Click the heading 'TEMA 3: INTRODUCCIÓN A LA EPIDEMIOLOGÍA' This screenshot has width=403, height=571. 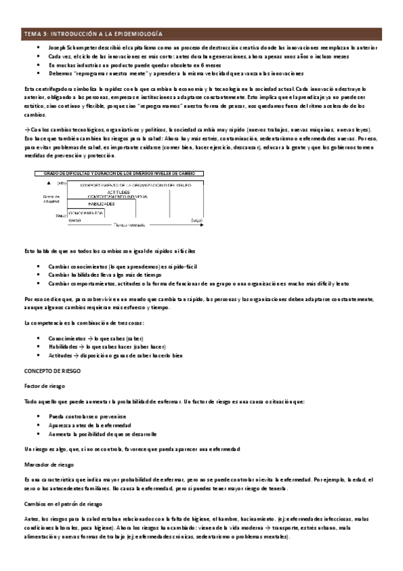94,33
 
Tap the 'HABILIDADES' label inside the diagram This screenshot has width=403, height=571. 100,203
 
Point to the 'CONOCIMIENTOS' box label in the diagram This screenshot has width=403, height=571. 86,212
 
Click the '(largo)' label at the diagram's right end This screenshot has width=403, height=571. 197,220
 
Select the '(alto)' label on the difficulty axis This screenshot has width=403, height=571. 63,183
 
